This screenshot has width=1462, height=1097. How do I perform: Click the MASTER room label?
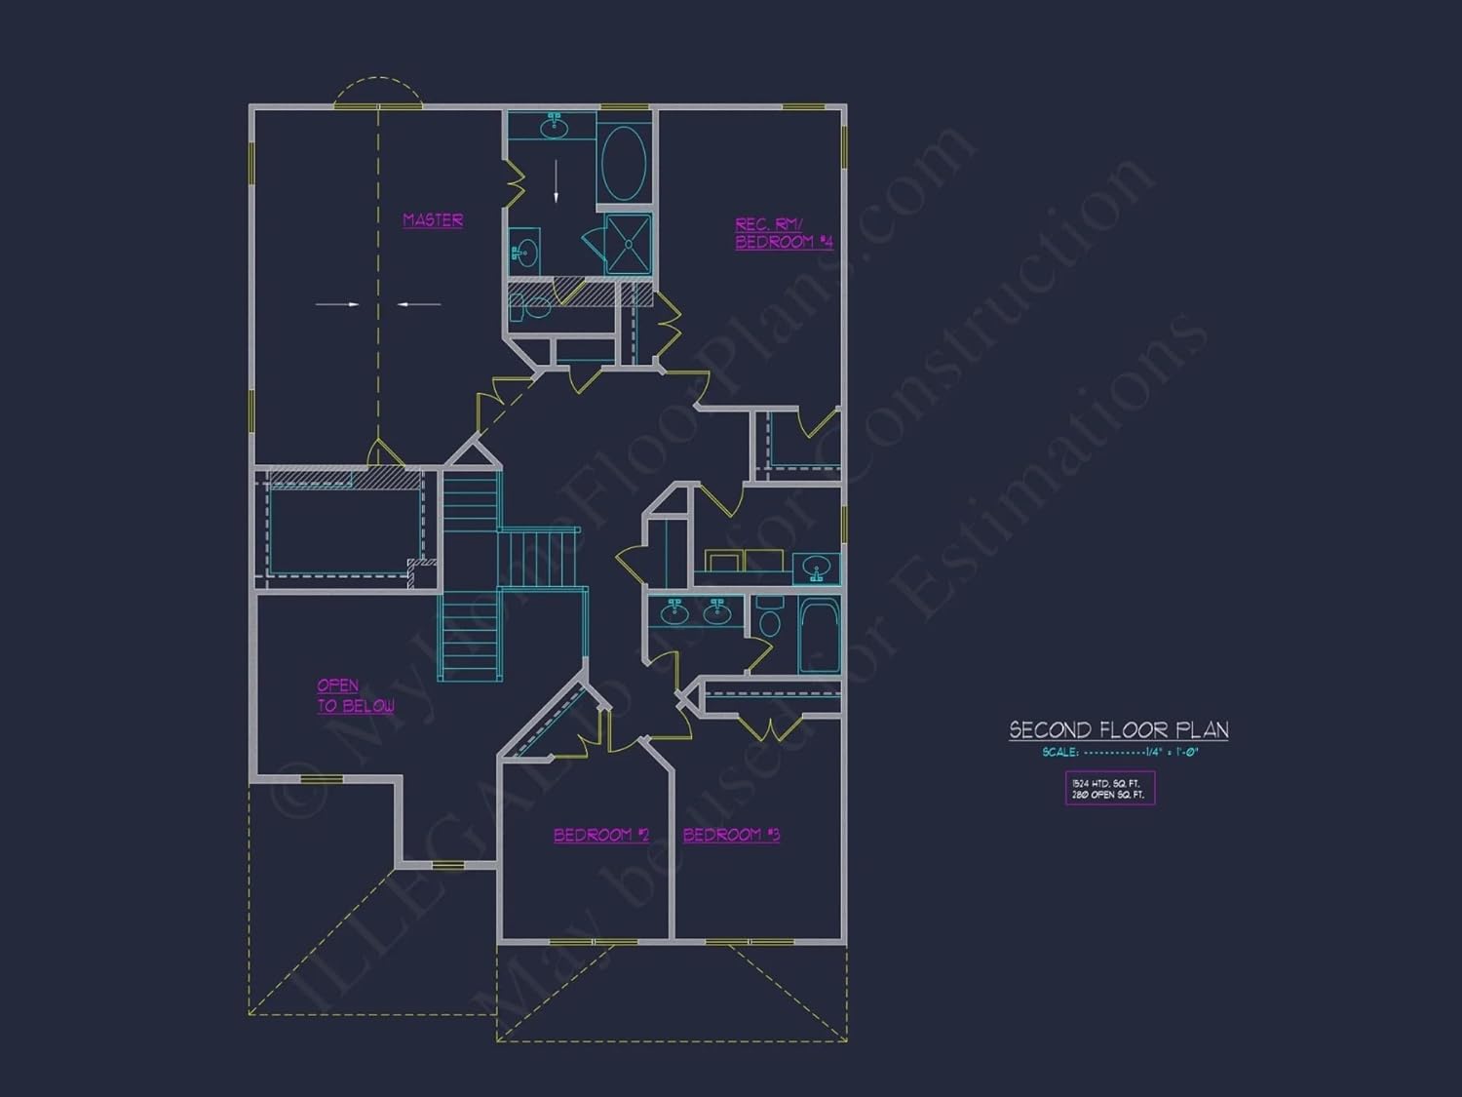click(x=433, y=220)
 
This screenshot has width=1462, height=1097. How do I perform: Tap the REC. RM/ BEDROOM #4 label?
click(x=784, y=234)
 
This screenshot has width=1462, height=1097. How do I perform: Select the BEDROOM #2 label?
click(x=600, y=835)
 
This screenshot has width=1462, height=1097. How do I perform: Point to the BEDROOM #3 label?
click(x=731, y=835)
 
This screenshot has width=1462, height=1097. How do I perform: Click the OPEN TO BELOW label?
click(x=355, y=695)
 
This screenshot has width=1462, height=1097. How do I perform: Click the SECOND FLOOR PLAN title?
click(x=1118, y=729)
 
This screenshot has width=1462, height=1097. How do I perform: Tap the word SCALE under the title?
click(x=1059, y=753)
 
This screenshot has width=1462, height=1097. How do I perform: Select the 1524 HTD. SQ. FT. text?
click(x=1105, y=783)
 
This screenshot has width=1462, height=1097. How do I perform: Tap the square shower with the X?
click(x=628, y=243)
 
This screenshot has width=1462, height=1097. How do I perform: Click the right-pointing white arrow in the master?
click(x=337, y=304)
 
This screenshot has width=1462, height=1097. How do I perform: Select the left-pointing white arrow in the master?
click(x=419, y=304)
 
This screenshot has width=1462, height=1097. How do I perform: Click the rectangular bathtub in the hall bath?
click(x=819, y=636)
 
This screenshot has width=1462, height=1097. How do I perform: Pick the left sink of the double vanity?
click(x=673, y=612)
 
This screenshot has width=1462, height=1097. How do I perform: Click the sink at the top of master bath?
click(x=554, y=126)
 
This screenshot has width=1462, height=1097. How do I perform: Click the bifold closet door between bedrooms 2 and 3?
click(x=771, y=728)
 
